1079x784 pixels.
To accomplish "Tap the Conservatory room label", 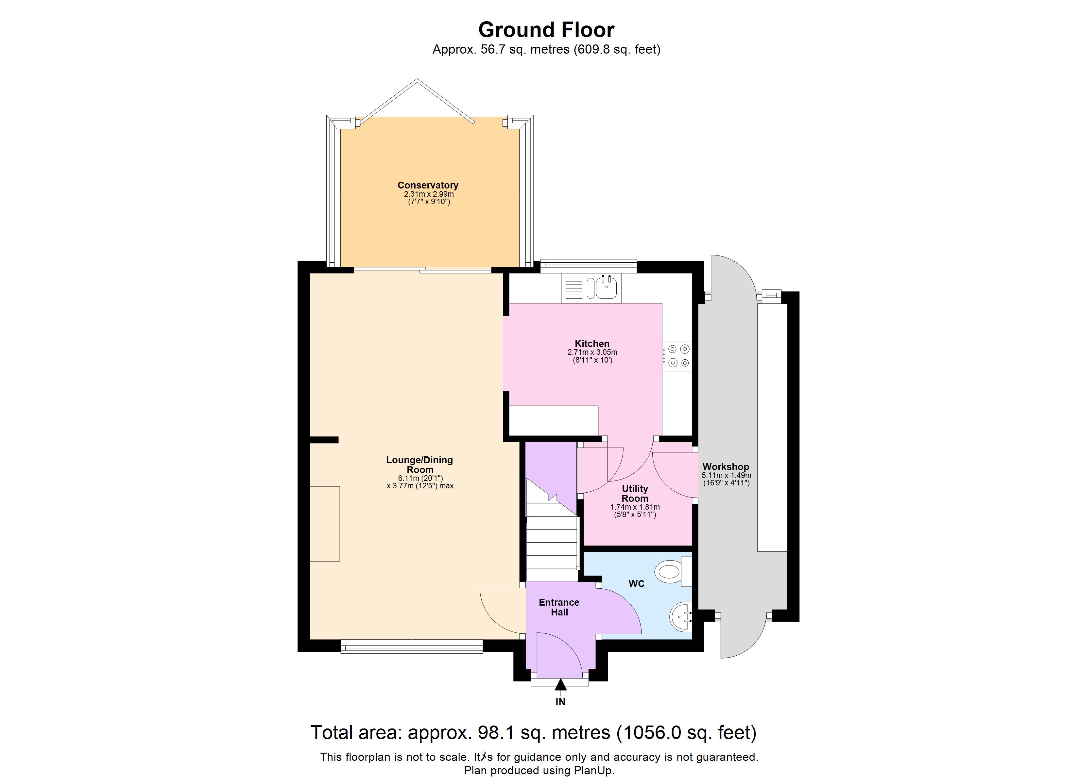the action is pos(428,186).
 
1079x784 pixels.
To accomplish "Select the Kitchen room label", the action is pos(592,343).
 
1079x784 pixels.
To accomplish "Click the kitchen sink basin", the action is pos(607,288).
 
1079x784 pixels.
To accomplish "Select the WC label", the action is pos(637,583).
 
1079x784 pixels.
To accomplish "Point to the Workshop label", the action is pos(726,467).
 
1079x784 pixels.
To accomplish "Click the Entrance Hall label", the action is pos(559,607).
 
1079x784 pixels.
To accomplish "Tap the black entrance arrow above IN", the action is pos(561,685).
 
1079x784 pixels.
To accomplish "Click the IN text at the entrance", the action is pos(560,702).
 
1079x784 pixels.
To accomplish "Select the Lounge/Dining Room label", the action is pos(420,465).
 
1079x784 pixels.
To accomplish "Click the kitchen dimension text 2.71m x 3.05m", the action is pos(592,352).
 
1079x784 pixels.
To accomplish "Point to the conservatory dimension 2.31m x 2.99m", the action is pos(429,194).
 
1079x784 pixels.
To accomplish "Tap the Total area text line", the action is pos(533,733).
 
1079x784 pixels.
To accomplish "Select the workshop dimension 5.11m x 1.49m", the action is pos(727,475).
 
